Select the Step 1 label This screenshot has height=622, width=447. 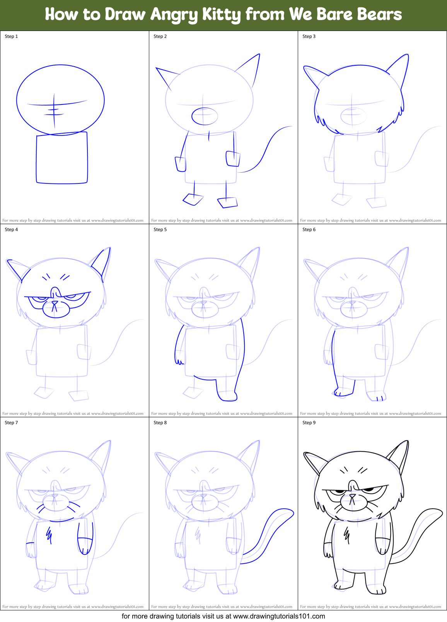point(11,36)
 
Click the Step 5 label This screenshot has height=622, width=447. point(160,230)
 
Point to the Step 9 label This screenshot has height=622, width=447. point(309,423)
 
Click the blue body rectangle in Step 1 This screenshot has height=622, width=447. point(62,158)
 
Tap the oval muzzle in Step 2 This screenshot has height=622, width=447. point(205,116)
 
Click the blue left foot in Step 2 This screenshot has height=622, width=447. point(193,199)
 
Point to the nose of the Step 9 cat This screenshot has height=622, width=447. point(352,495)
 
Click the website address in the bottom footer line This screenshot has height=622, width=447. point(279,616)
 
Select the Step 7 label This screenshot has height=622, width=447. point(11,423)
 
